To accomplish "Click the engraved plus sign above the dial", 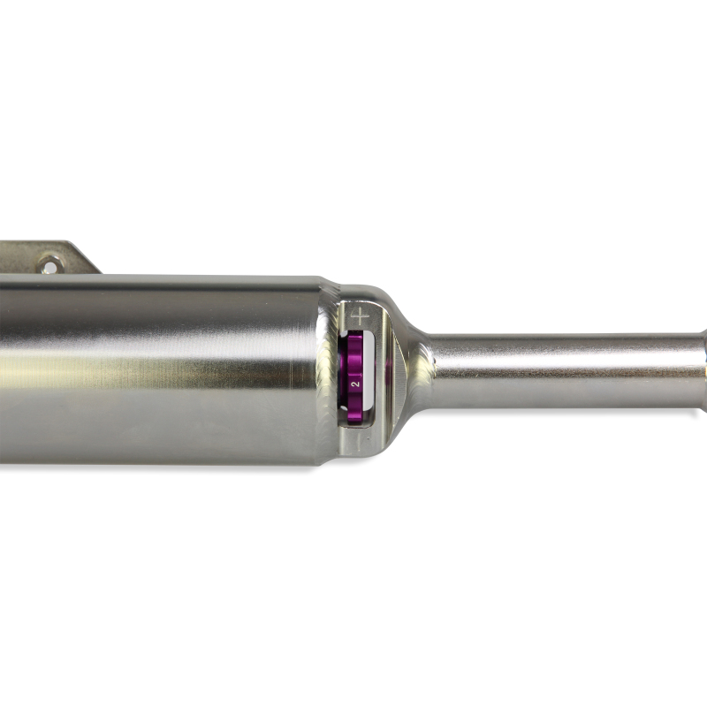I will [x=360, y=315].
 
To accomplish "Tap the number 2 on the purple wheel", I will [x=355, y=384].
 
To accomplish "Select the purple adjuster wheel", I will [x=354, y=376].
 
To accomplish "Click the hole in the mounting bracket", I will [x=49, y=264].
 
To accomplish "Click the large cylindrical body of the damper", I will [x=159, y=371].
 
